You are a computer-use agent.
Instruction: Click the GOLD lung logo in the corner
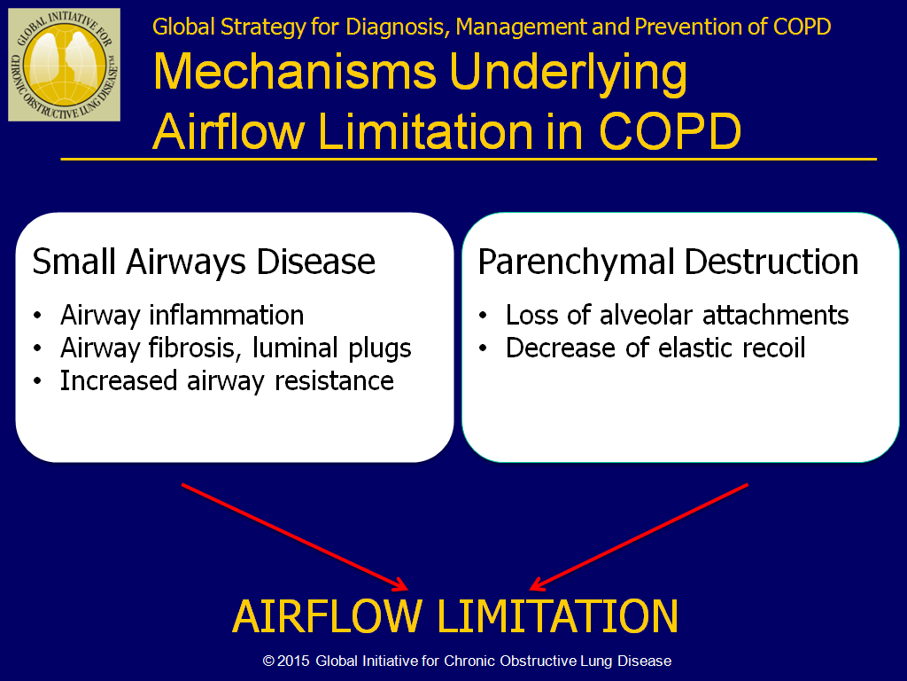point(64,64)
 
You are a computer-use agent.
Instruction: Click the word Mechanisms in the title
point(295,72)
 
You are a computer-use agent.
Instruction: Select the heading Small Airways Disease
point(204,262)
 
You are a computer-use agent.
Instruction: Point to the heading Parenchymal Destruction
point(668,262)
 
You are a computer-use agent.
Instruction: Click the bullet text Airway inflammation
point(182,315)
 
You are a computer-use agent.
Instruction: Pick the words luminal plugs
point(332,348)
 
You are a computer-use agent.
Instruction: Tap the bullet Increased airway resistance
point(227,381)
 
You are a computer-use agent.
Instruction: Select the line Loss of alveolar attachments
point(677,315)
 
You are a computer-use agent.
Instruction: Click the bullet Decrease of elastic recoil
point(655,348)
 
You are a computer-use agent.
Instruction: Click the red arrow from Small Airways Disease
point(294,537)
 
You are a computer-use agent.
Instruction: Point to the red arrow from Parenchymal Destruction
point(639,537)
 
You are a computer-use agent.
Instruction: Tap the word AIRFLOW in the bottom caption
point(327,616)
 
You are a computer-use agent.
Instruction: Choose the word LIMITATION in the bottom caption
point(558,616)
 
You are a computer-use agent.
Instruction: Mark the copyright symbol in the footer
point(268,661)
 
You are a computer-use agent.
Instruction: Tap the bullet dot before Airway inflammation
point(37,317)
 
